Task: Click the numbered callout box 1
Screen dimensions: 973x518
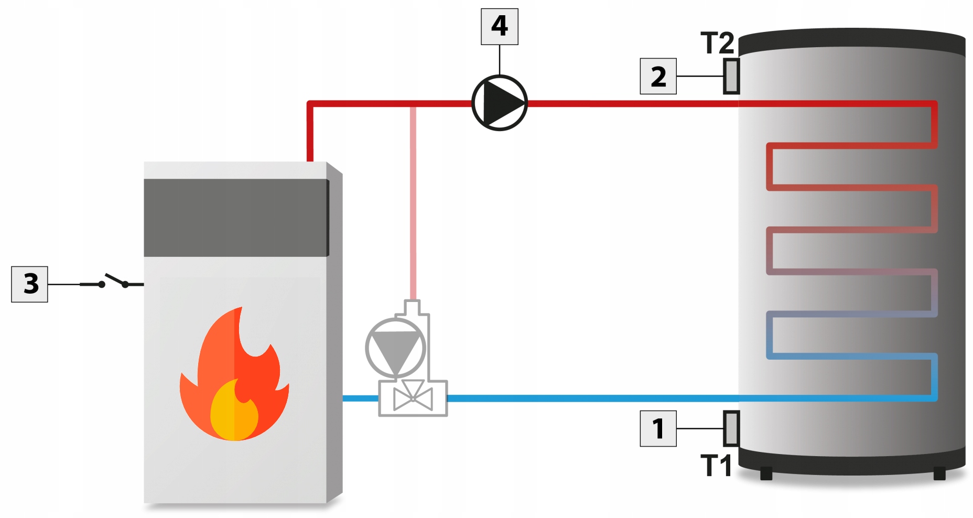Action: [x=658, y=428]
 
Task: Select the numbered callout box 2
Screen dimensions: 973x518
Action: [x=658, y=76]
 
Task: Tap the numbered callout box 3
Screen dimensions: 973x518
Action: [x=29, y=284]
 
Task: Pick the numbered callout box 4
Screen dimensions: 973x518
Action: [x=500, y=26]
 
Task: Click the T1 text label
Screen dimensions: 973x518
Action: [x=716, y=466]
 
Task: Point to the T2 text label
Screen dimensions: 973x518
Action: [x=717, y=43]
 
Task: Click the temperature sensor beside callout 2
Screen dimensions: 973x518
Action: [x=731, y=76]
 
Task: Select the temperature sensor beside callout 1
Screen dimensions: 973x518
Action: [x=731, y=428]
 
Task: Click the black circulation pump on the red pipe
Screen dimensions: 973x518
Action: [x=500, y=103]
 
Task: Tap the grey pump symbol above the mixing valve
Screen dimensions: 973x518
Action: [x=395, y=348]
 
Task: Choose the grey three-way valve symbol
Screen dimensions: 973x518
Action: [x=413, y=398]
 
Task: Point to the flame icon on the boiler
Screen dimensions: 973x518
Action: [x=234, y=374]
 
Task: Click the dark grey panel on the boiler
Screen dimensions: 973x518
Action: [x=236, y=218]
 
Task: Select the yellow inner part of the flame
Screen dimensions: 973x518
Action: [x=234, y=410]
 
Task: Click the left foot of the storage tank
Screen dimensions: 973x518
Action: [x=766, y=473]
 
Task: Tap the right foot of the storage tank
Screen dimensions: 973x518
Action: [x=939, y=473]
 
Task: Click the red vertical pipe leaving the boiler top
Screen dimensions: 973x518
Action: [x=310, y=131]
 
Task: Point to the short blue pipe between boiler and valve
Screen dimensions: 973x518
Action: [x=361, y=398]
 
